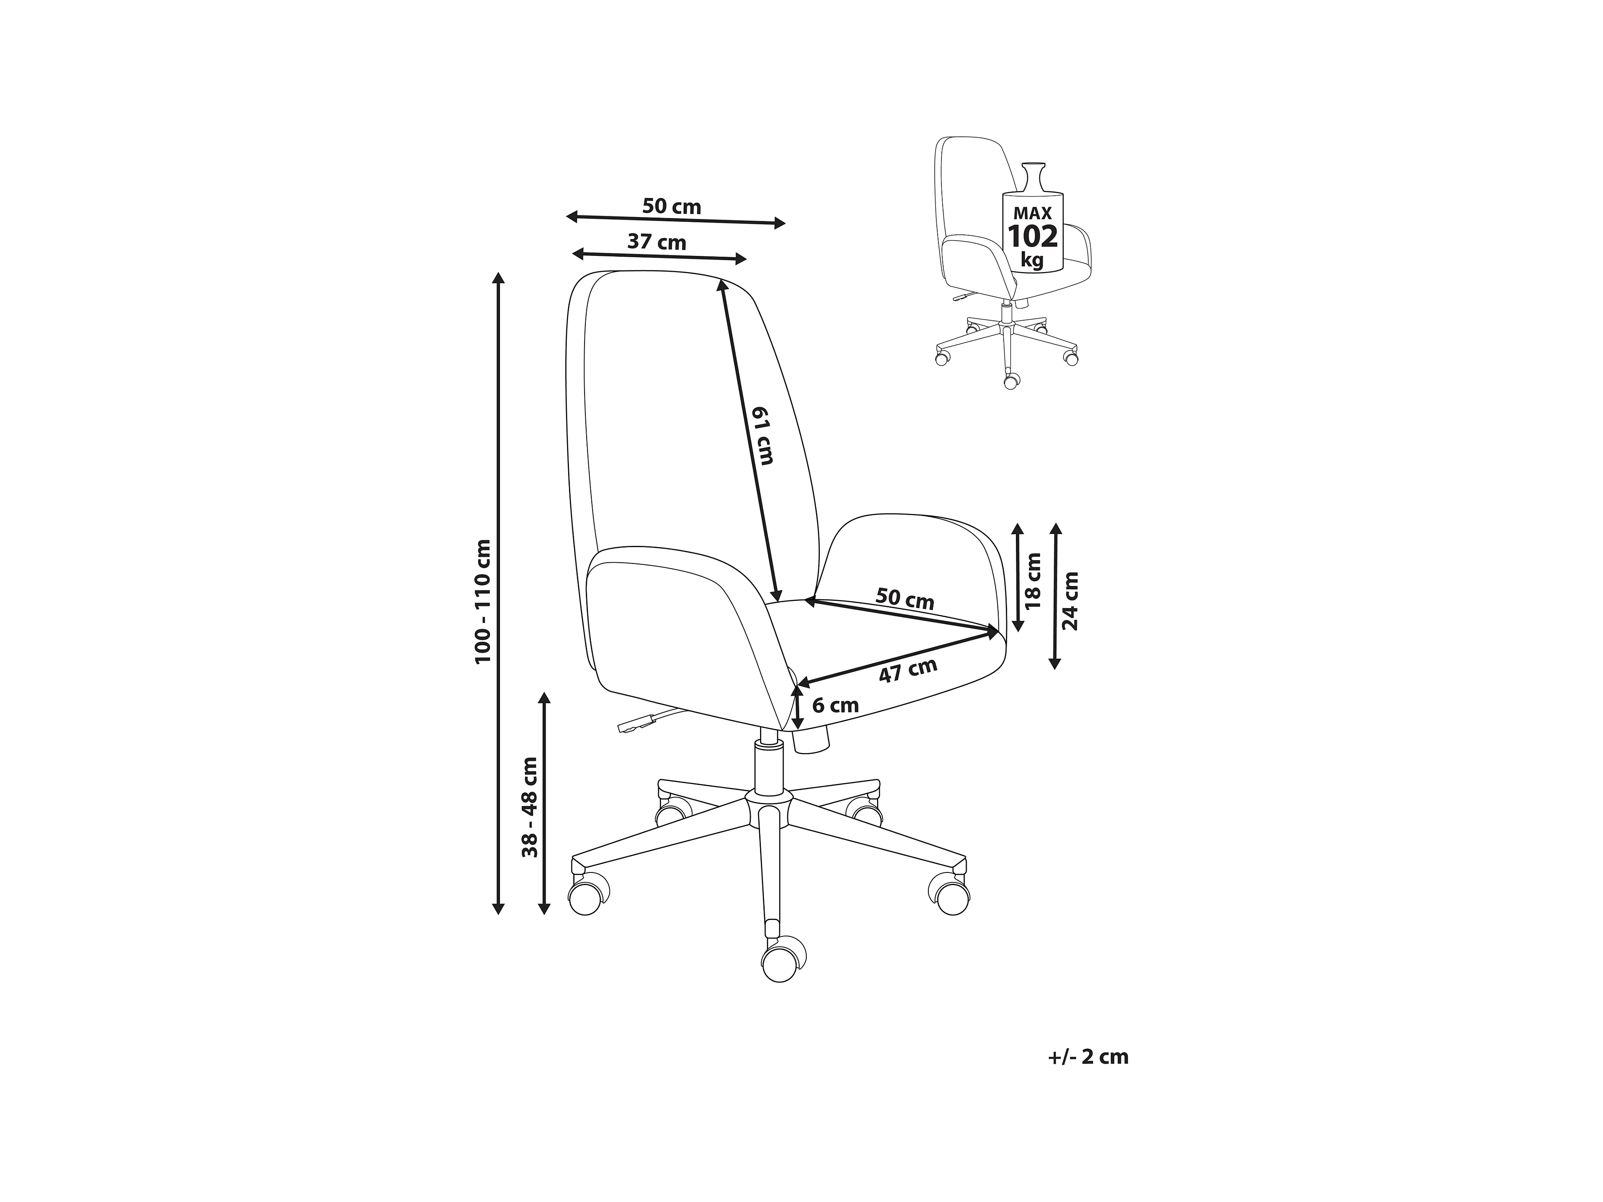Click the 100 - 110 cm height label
point(484,601)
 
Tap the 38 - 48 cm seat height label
point(531,808)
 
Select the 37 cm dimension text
point(657,242)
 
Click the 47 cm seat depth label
point(908,670)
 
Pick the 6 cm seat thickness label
point(835,705)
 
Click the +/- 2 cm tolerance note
point(1088,1057)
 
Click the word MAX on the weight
point(1033,213)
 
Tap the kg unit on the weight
point(1033,259)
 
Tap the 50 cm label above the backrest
point(672,207)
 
